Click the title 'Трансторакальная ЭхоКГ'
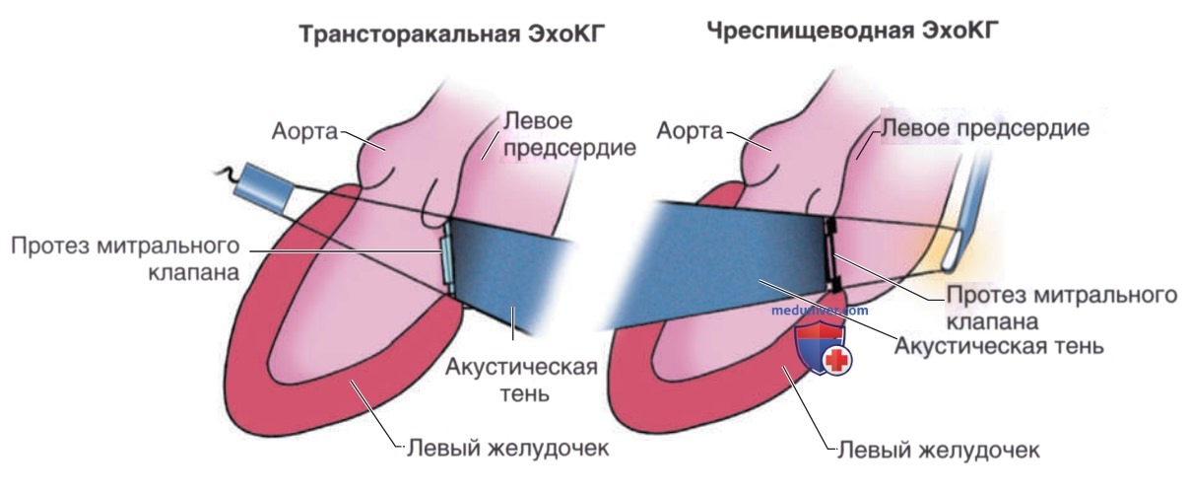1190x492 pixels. tap(452, 35)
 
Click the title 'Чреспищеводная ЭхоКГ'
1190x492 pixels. tap(853, 31)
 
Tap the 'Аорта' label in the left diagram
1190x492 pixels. tap(305, 131)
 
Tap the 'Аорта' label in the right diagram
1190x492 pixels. tap(690, 130)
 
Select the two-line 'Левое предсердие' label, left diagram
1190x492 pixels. tap(569, 134)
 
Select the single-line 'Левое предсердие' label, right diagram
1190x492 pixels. tap(985, 128)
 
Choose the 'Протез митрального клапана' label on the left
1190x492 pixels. tap(125, 259)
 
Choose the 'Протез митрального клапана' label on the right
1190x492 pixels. tap(1062, 308)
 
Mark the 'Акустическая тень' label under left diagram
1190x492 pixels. tap(521, 380)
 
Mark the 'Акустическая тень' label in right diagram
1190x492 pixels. tap(999, 346)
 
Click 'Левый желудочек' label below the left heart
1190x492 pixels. tap(508, 448)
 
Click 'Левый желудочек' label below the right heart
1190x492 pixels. tap(939, 450)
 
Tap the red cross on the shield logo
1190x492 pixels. tap(836, 361)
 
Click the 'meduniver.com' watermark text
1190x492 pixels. tap(820, 310)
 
